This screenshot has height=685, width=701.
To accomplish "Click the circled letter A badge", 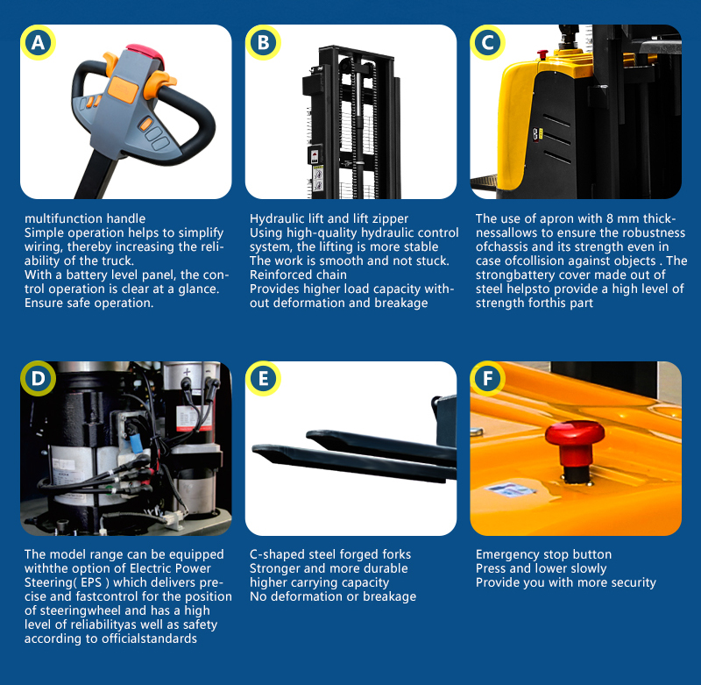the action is click(38, 42).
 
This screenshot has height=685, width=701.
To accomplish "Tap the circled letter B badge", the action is click(263, 42).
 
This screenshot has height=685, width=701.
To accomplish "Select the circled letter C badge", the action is click(488, 42).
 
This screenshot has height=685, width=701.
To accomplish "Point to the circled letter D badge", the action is click(38, 379).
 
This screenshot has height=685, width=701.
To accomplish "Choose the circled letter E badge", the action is click(263, 379).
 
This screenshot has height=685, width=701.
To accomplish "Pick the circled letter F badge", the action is click(488, 379).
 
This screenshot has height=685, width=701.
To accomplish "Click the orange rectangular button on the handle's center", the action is click(123, 89).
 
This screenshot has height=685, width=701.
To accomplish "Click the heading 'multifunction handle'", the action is click(85, 218).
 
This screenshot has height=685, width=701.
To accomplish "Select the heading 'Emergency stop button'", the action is click(543, 554).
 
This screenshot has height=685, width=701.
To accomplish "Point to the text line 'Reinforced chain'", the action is click(298, 275).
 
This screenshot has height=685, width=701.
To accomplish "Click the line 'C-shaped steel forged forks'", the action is click(330, 554).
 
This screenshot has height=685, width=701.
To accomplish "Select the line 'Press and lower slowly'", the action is click(541, 568).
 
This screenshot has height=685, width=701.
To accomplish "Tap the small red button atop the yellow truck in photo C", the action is click(542, 54).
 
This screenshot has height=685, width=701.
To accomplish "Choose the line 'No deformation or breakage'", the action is click(333, 596).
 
